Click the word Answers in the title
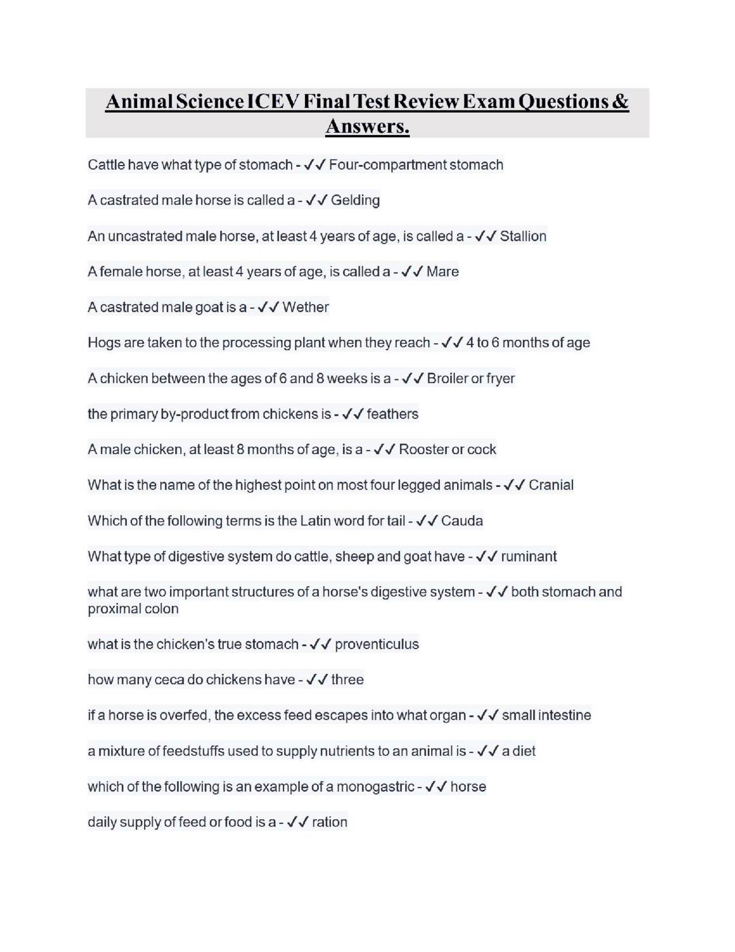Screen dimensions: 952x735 point(366,126)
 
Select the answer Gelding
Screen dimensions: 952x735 point(355,200)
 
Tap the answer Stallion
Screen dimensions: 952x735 point(523,236)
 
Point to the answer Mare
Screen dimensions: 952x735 point(442,271)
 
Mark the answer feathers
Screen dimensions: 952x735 point(392,414)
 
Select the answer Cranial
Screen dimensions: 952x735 point(551,485)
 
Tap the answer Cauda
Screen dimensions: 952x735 point(462,521)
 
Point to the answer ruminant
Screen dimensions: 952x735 point(528,556)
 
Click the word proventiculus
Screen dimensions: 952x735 point(377,644)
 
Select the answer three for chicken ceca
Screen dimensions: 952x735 point(347,680)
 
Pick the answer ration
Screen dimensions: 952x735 point(329,822)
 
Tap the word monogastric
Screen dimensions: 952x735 point(375,786)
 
